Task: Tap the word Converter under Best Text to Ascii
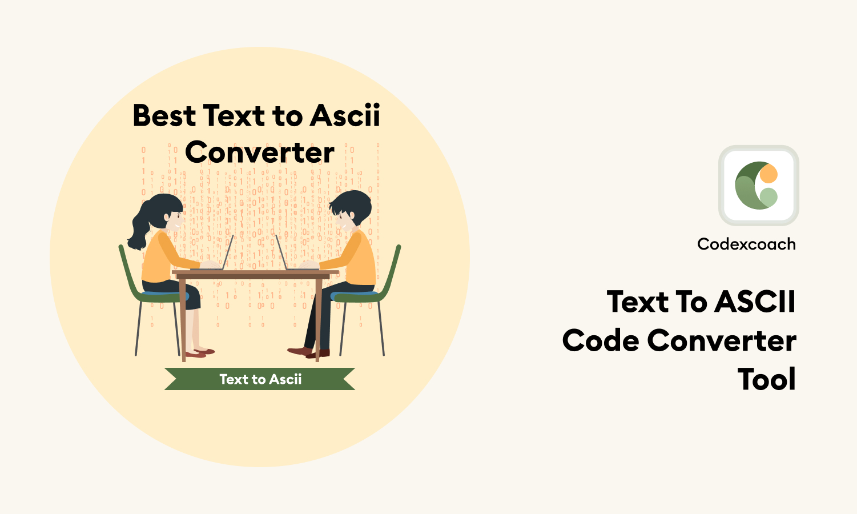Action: tap(260, 153)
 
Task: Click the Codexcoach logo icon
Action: tap(758, 186)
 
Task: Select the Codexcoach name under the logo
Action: tap(746, 244)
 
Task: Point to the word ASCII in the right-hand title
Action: tap(755, 302)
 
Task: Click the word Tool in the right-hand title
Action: tap(766, 380)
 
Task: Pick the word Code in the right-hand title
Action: tap(601, 341)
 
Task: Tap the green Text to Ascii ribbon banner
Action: tap(260, 379)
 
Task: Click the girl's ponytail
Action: tap(139, 228)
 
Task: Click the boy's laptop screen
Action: tap(281, 252)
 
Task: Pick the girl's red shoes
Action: tap(200, 352)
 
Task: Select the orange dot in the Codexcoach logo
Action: tap(769, 174)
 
